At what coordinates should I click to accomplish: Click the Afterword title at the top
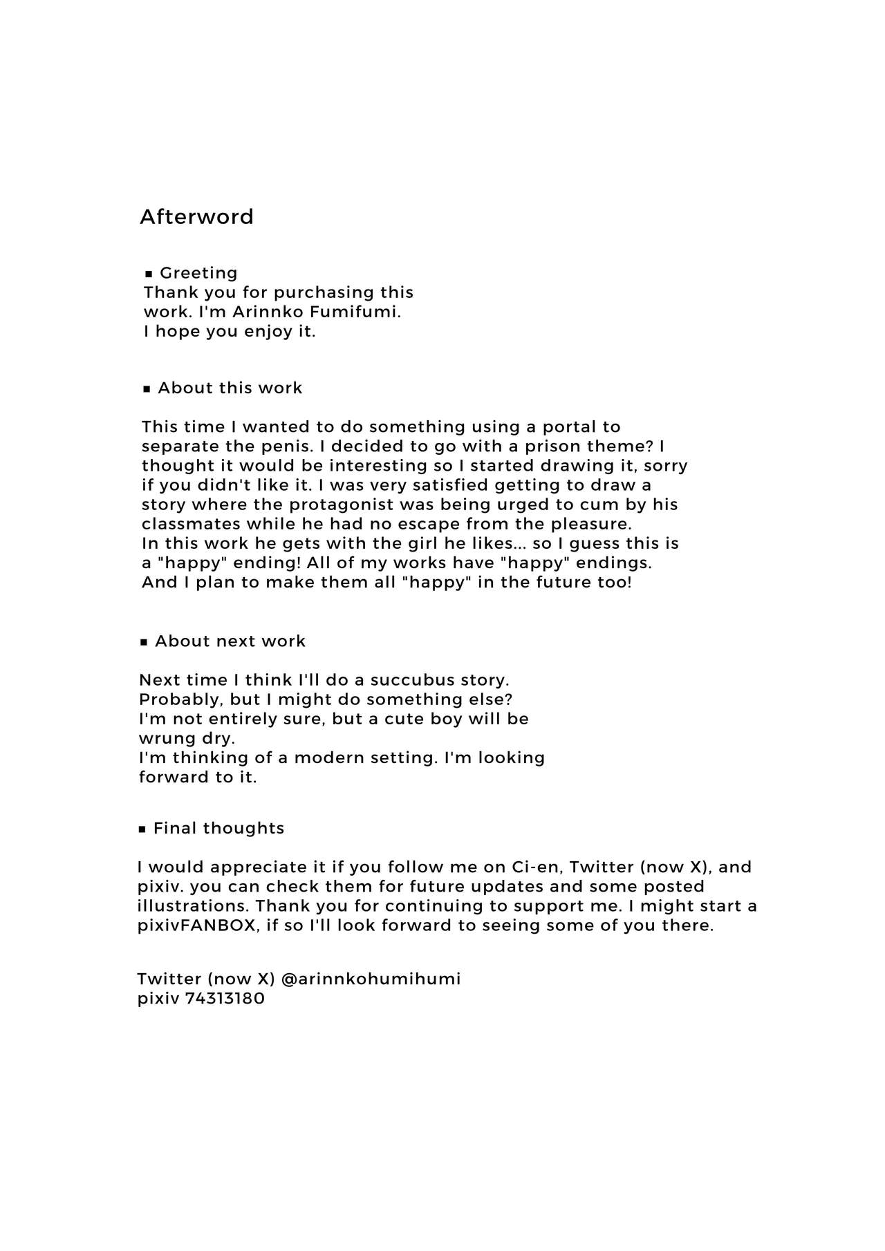click(196, 217)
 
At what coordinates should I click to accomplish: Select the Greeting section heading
click(198, 273)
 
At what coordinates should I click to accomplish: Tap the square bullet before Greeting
click(149, 274)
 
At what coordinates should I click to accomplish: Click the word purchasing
click(322, 293)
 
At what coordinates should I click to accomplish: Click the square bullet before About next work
click(144, 643)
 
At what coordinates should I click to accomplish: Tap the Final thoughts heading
click(218, 829)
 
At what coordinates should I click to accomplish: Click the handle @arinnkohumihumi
click(371, 979)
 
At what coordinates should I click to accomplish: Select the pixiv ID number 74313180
click(225, 999)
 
